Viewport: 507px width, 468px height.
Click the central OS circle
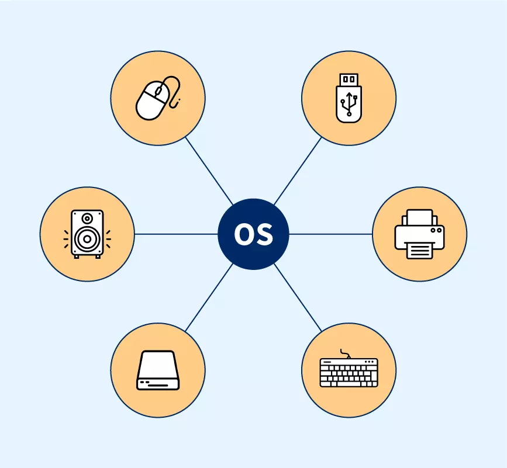pyautogui.click(x=253, y=234)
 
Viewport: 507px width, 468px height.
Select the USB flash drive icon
pyautogui.click(x=349, y=97)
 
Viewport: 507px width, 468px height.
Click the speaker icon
pyautogui.click(x=87, y=234)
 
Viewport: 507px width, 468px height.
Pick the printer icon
pyautogui.click(x=419, y=234)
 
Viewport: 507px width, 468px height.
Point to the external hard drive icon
pyautogui.click(x=157, y=370)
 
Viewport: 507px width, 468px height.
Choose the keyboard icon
pyautogui.click(x=349, y=370)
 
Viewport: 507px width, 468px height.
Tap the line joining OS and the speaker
pyautogui.click(x=175, y=234)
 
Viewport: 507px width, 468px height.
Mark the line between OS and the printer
pyautogui.click(x=330, y=234)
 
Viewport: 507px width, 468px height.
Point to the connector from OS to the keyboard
pyautogui.click(x=298, y=298)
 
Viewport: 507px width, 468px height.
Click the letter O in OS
pyautogui.click(x=244, y=234)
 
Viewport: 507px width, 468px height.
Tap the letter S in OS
pyautogui.click(x=264, y=234)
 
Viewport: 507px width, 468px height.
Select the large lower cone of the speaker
pyautogui.click(x=87, y=239)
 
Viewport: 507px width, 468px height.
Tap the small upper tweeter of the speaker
pyautogui.click(x=87, y=219)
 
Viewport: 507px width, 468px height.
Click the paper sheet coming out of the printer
pyautogui.click(x=419, y=251)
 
